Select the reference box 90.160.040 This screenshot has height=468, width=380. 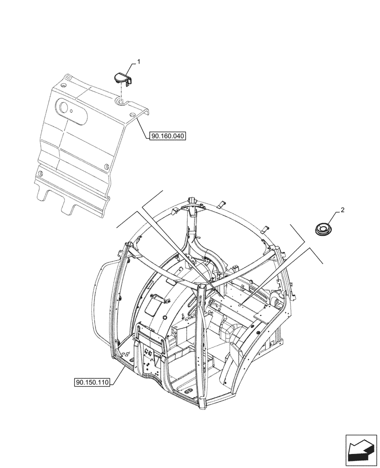click(168, 136)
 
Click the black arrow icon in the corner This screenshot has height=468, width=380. click(361, 449)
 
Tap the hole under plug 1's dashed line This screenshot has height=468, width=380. click(121, 101)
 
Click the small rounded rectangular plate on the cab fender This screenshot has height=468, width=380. click(153, 308)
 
